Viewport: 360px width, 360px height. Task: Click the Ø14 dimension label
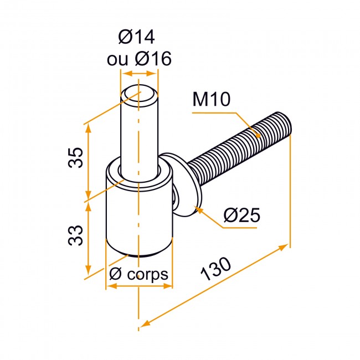tap(136, 37)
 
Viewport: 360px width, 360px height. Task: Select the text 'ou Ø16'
tap(139, 59)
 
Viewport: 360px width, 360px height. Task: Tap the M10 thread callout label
tap(211, 99)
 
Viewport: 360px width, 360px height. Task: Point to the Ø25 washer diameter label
tap(242, 215)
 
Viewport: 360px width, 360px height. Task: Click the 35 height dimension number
tap(75, 158)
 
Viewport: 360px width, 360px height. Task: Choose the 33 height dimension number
tap(75, 235)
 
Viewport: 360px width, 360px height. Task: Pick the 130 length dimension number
tap(215, 269)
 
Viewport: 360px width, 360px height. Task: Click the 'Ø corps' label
tap(138, 274)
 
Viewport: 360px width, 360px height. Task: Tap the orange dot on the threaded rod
tap(258, 136)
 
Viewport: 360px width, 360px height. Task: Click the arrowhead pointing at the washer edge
tap(199, 209)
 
